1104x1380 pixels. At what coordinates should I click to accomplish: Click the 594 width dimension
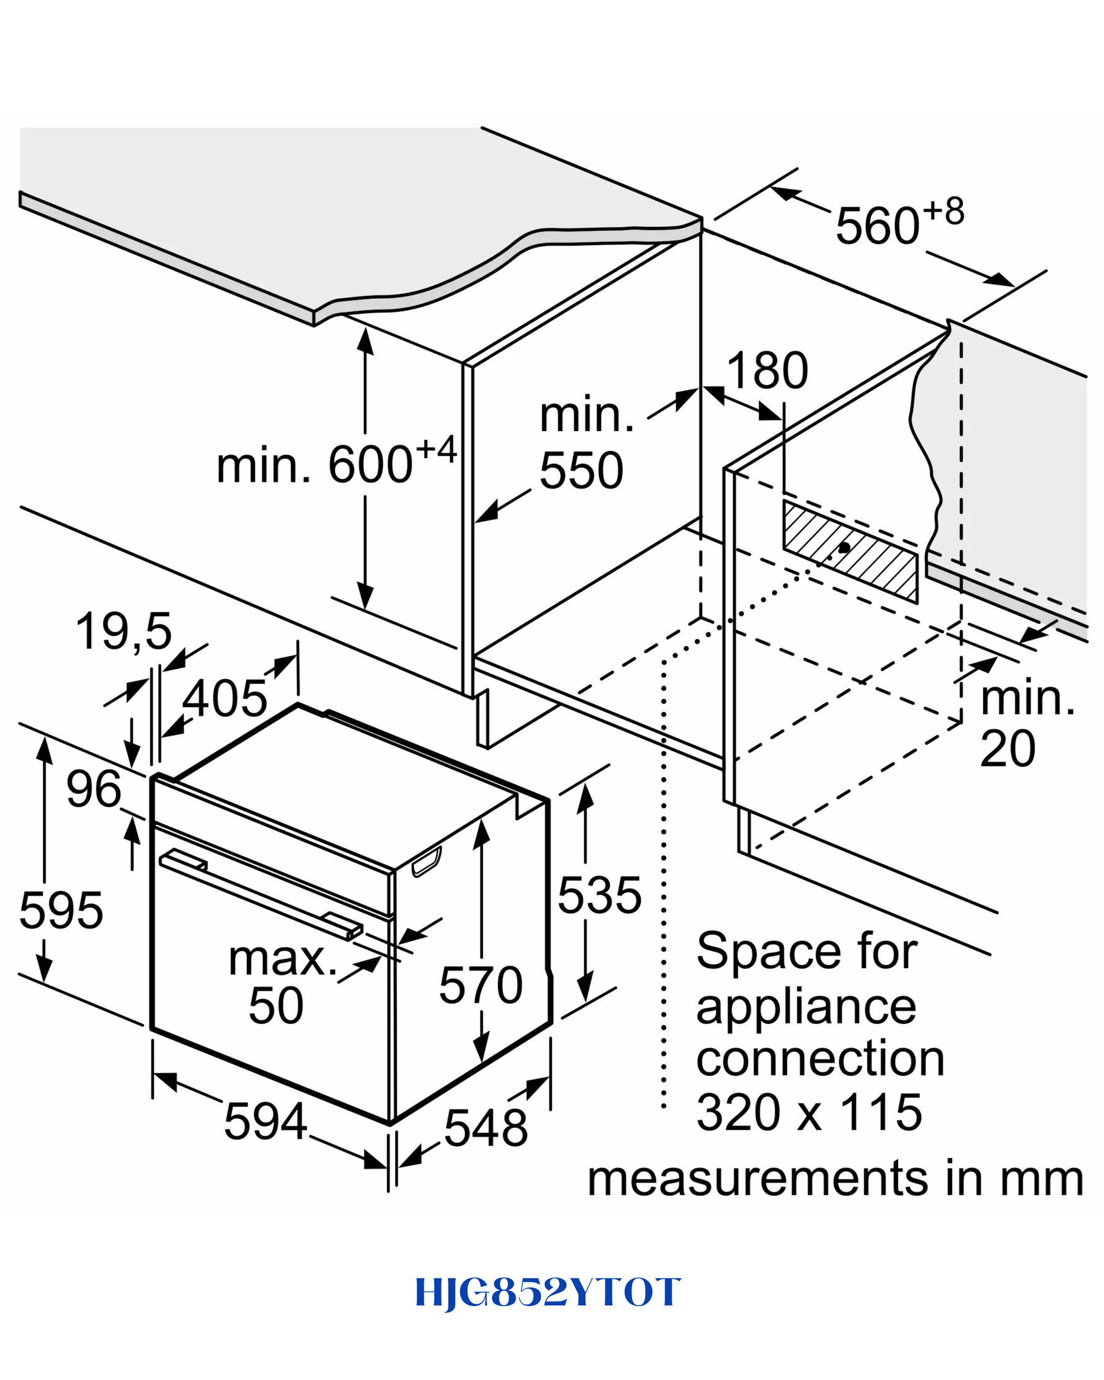(x=265, y=1121)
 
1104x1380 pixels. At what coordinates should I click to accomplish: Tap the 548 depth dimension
(x=486, y=1127)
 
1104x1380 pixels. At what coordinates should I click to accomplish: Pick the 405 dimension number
(x=225, y=697)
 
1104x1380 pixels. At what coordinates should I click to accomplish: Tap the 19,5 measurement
(x=123, y=633)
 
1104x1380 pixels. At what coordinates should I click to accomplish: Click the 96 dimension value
(x=94, y=788)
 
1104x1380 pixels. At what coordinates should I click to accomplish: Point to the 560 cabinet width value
(x=878, y=225)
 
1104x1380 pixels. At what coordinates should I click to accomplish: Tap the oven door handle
(x=260, y=895)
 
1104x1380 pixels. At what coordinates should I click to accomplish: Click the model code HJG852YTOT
(x=548, y=1293)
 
